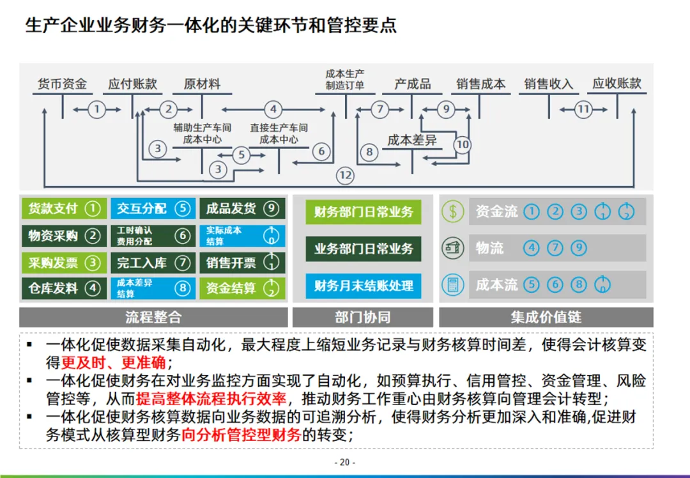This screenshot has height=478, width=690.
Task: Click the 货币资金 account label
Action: click(62, 84)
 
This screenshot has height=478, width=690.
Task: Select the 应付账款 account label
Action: click(132, 84)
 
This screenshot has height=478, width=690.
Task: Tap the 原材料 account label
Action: click(202, 84)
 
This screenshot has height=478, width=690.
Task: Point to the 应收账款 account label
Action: click(617, 84)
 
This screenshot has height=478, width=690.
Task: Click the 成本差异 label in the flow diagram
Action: click(412, 140)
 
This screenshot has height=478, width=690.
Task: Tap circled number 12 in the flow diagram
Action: click(345, 175)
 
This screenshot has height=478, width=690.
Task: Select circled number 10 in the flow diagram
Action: click(463, 145)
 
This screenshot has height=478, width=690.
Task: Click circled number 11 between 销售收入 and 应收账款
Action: click(583, 109)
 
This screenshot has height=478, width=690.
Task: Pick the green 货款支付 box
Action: click(63, 208)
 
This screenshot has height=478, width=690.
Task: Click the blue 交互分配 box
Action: click(152, 208)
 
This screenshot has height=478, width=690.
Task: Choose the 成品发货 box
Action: click(241, 208)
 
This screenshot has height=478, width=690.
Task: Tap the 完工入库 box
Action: click(152, 263)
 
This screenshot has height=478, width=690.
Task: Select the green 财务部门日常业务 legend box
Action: click(364, 212)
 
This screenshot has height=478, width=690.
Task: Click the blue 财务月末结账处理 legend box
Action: click(364, 286)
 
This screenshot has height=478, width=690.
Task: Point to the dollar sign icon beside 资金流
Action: click(453, 212)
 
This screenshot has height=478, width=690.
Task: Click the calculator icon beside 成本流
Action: click(453, 285)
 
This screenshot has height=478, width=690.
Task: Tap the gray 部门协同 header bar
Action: click(362, 318)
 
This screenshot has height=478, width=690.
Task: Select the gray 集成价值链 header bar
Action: click(546, 318)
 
